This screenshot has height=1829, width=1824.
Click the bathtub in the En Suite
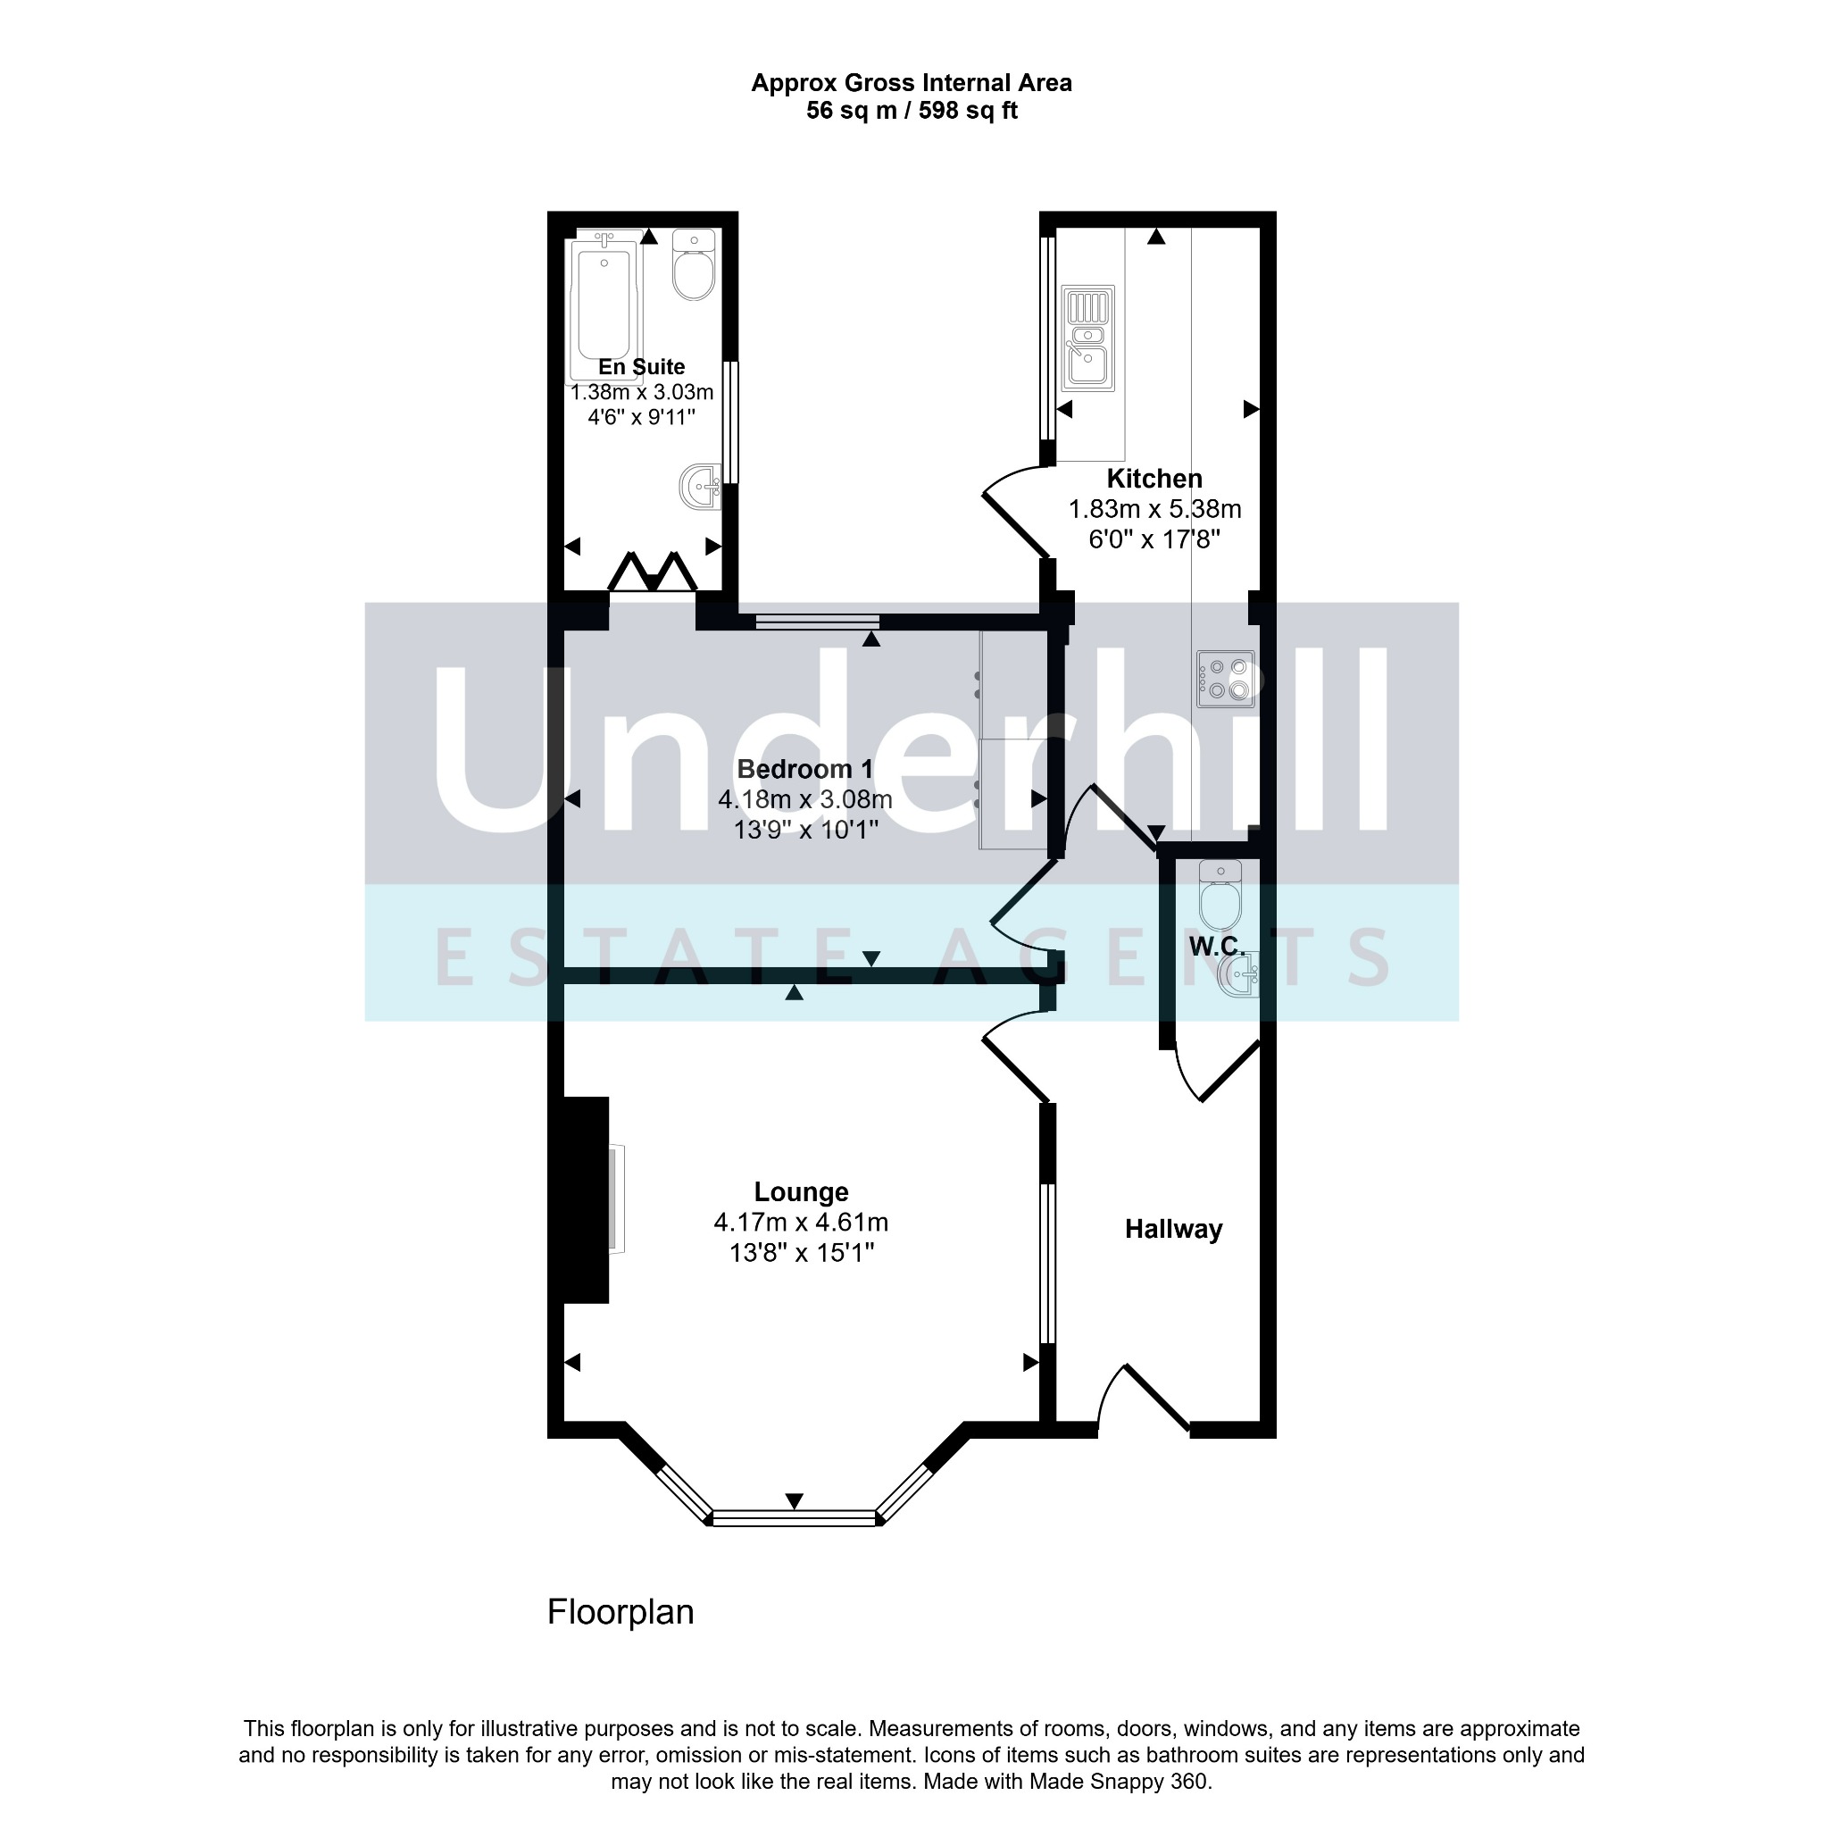pos(604,308)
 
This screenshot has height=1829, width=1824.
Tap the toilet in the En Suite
pos(694,264)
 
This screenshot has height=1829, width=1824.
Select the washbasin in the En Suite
pos(701,488)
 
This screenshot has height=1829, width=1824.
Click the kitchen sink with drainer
pos(1088,338)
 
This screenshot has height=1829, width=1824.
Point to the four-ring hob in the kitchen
pos(1225,679)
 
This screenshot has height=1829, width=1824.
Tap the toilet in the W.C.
pos(1220,896)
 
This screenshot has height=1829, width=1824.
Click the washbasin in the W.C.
pos(1240,975)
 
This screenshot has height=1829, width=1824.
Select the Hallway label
pos(1174,1230)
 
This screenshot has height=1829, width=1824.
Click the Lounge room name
pos(802,1192)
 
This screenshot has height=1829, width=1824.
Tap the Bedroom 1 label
pos(805,769)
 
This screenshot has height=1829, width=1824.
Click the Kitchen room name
pos(1154,479)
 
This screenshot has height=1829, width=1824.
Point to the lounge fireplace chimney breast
pos(586,1200)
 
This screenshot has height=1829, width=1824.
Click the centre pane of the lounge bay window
pos(795,1519)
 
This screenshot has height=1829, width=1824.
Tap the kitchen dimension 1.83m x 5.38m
pos(1154,509)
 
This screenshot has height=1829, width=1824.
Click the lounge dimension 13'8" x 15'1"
pos(802,1253)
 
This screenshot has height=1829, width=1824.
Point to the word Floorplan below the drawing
pos(620,1611)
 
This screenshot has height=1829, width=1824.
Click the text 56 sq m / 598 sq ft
pos(912,111)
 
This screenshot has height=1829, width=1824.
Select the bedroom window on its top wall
pos(818,622)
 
